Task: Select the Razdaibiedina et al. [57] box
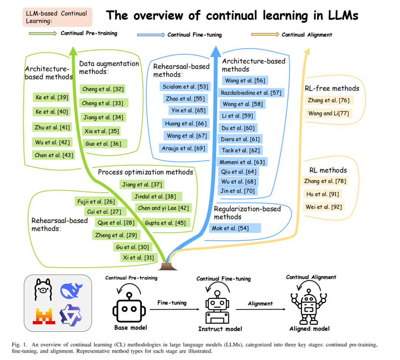point(251,93)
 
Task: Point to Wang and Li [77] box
point(328,113)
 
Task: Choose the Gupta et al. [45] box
point(166,223)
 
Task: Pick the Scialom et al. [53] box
point(185,87)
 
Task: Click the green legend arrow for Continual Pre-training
point(43,33)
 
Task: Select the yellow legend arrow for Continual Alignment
point(265,34)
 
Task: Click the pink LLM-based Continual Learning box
point(57,17)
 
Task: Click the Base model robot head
point(129,309)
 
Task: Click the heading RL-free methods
point(332,88)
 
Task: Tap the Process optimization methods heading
point(145,172)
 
